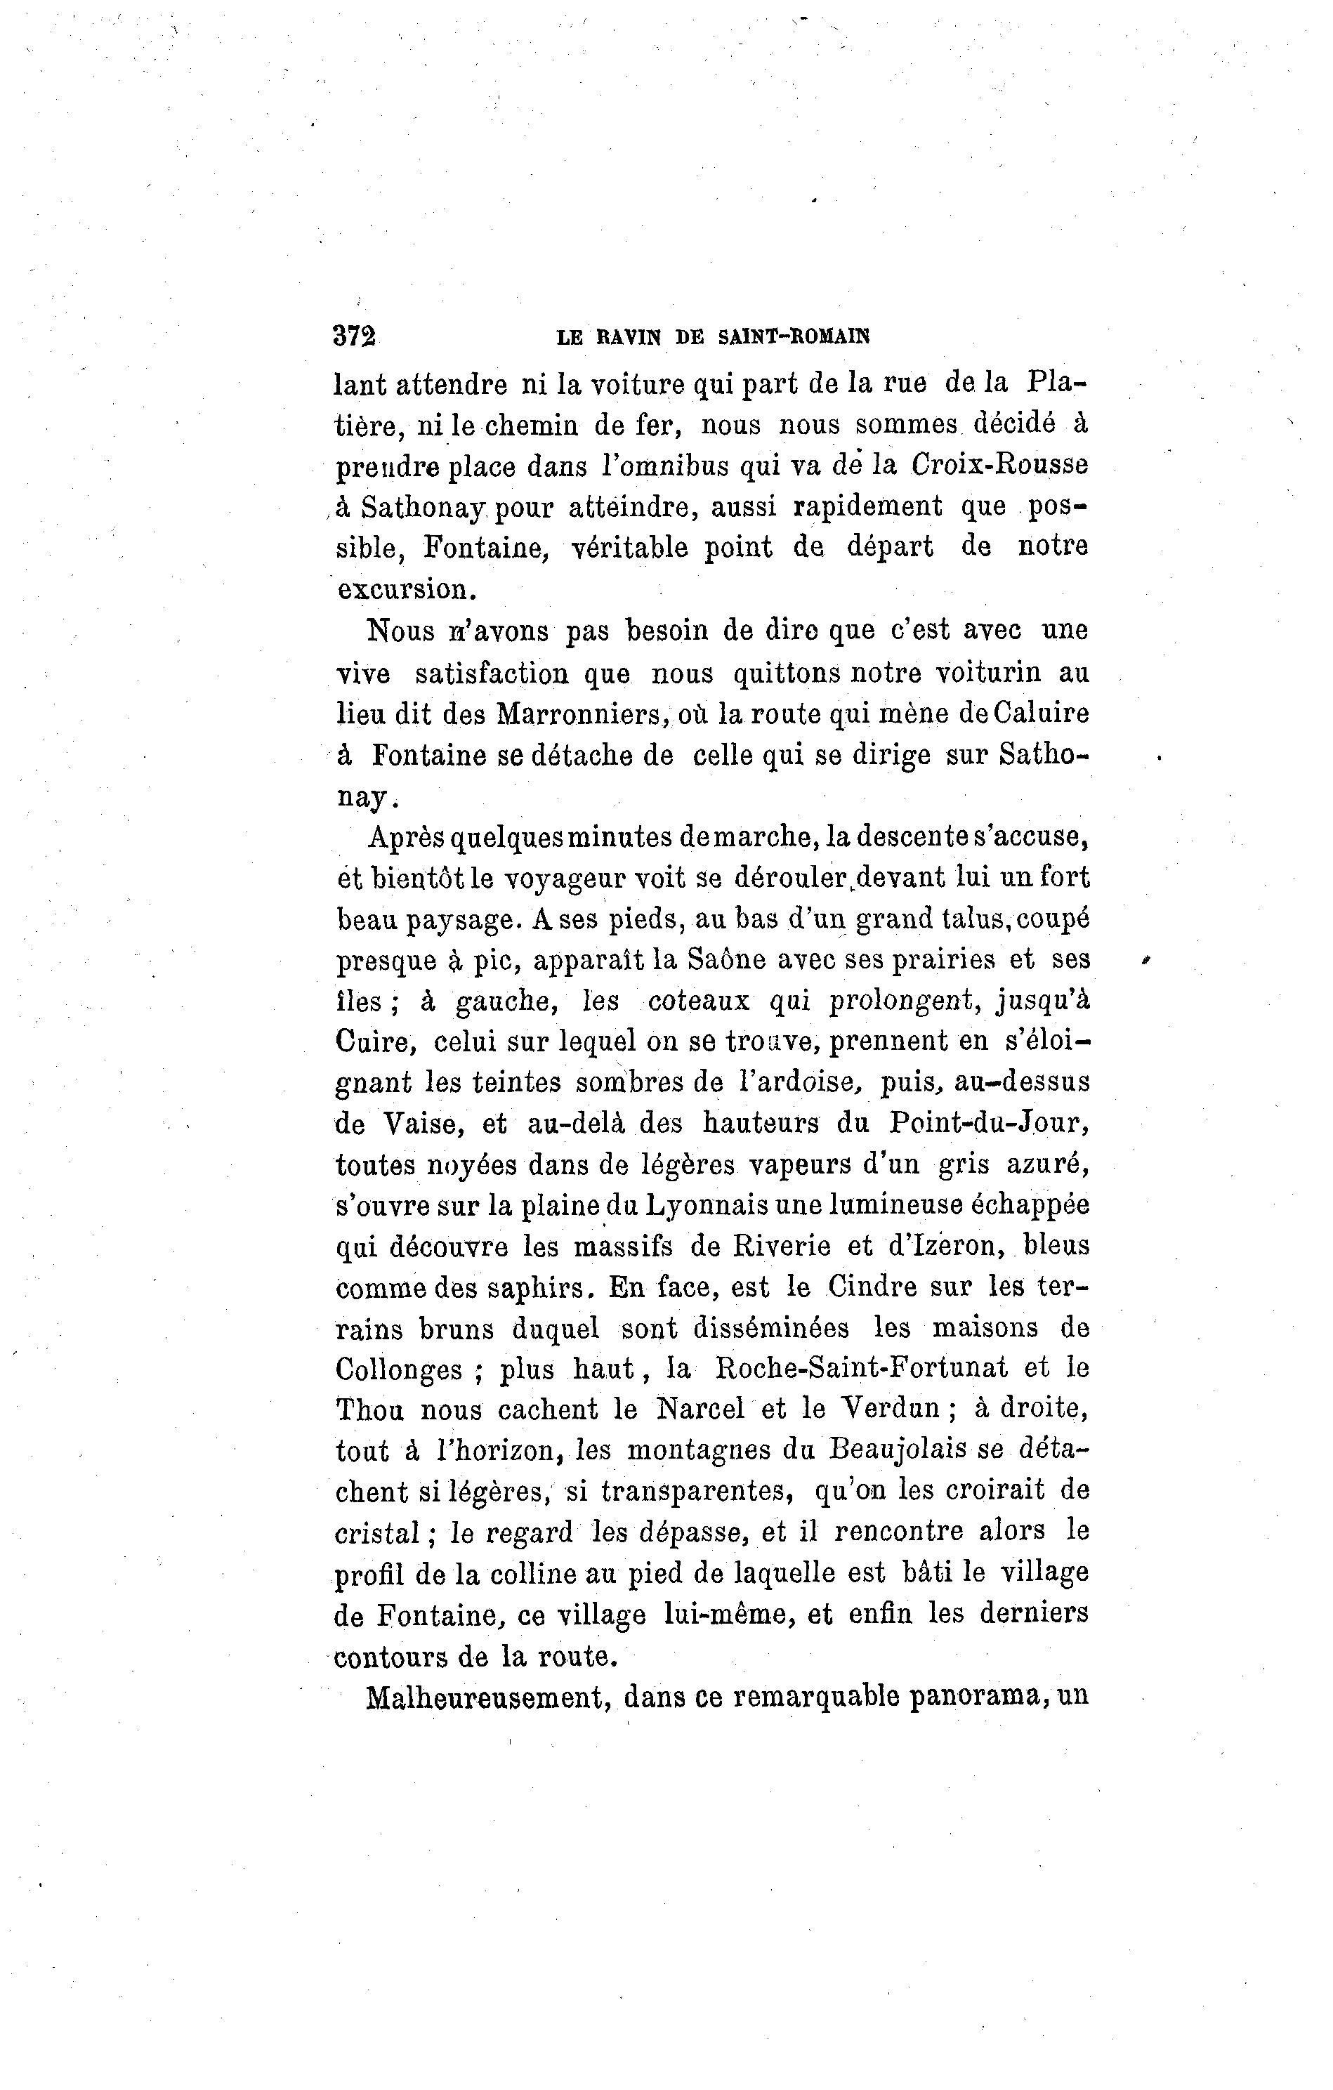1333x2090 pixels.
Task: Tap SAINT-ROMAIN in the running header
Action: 794,337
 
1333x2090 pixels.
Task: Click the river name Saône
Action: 725,959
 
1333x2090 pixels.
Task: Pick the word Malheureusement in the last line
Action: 485,1700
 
